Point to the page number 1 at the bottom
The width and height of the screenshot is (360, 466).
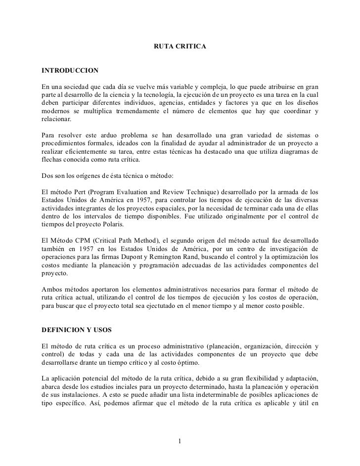180,441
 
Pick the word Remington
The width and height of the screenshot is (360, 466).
161,258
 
